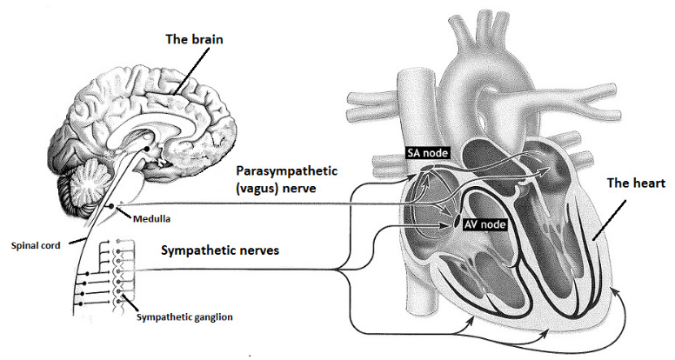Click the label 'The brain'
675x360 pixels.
click(x=195, y=40)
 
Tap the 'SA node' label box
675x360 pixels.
click(x=427, y=153)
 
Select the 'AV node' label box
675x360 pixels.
click(x=484, y=224)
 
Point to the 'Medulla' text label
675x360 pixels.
click(x=151, y=219)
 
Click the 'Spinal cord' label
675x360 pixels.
click(x=36, y=246)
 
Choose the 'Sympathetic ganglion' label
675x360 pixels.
click(x=184, y=317)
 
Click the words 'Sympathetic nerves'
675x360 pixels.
click(x=220, y=250)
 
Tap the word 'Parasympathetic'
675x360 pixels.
click(x=287, y=171)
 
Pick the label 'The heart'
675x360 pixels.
click(x=636, y=183)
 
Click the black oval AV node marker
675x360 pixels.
click(x=456, y=223)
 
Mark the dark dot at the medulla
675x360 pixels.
click(x=111, y=206)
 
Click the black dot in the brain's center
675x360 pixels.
click(x=147, y=149)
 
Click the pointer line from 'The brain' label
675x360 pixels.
click(x=191, y=71)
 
